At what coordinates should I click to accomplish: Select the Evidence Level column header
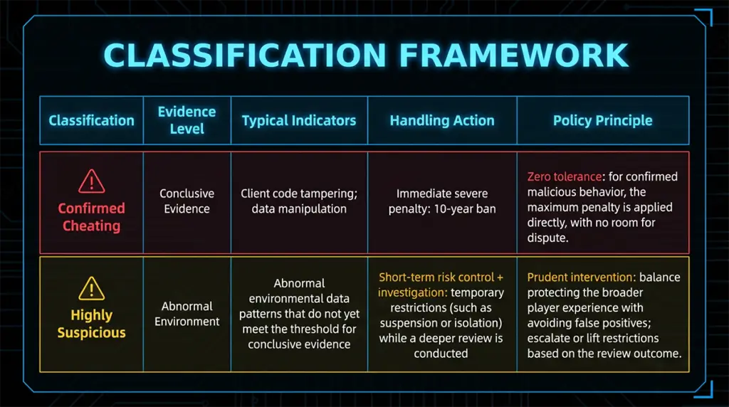click(x=187, y=120)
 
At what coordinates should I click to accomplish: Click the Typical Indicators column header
click(x=299, y=120)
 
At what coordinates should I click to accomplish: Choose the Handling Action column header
click(x=441, y=120)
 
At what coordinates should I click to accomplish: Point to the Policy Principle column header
click(x=602, y=120)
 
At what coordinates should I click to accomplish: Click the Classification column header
click(x=91, y=120)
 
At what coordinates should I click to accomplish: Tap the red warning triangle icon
click(x=91, y=182)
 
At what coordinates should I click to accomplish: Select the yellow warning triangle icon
click(x=91, y=288)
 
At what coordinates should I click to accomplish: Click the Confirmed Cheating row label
click(x=91, y=217)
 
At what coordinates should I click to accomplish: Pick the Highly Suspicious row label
click(x=91, y=324)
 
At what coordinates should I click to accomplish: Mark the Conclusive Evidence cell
click(x=187, y=201)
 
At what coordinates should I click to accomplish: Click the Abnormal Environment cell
click(x=187, y=314)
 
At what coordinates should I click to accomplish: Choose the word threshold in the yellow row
click(x=313, y=329)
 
